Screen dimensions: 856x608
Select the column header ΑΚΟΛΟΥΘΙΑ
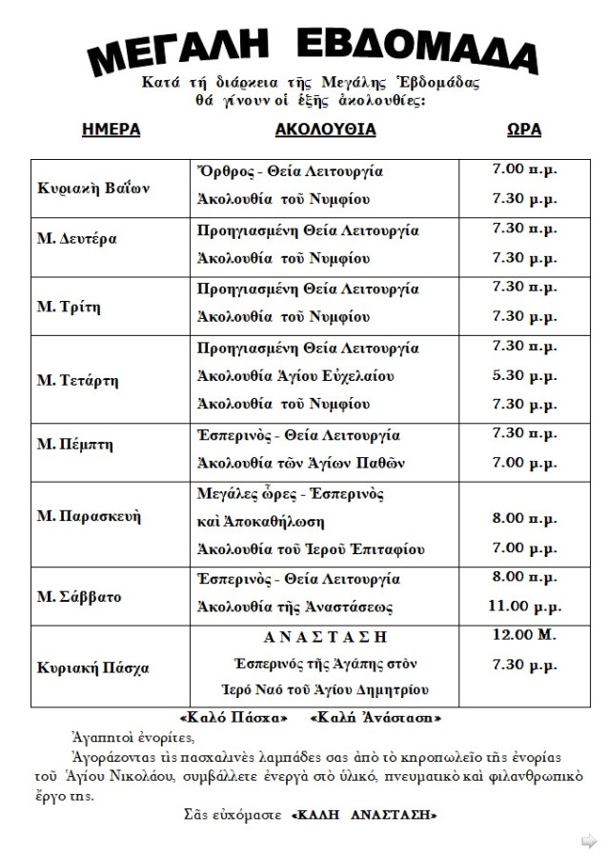click(325, 130)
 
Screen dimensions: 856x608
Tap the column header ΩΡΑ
click(519, 130)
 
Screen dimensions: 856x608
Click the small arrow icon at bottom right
click(590, 839)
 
